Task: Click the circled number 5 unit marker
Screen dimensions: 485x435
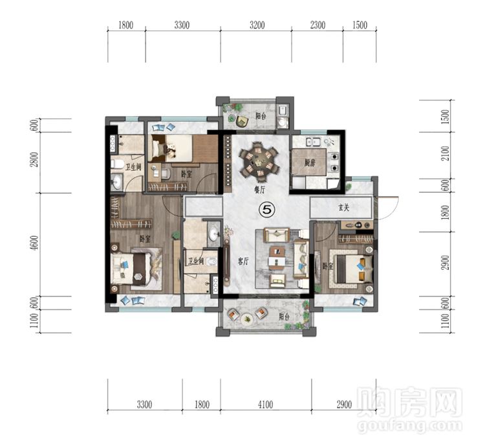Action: click(x=266, y=210)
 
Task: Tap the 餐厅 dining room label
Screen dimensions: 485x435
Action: click(x=260, y=190)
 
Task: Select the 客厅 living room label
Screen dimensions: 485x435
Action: click(x=243, y=262)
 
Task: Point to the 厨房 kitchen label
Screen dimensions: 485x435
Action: click(x=310, y=162)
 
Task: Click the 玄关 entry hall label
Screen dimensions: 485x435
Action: click(x=343, y=208)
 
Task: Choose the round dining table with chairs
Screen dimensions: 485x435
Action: click(x=260, y=161)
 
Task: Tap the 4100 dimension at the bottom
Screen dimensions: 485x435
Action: click(x=265, y=405)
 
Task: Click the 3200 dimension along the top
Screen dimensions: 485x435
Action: click(x=257, y=25)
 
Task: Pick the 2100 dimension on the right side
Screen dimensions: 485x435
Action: click(x=446, y=153)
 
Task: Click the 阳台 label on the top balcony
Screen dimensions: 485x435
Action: click(x=261, y=116)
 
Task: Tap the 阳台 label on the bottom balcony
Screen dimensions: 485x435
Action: click(x=284, y=317)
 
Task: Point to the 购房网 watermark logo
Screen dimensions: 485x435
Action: click(x=409, y=401)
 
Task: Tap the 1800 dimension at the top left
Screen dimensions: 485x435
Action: click(x=126, y=25)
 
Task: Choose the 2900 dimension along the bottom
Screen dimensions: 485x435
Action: click(x=344, y=405)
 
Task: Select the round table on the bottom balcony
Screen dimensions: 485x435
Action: click(x=246, y=319)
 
